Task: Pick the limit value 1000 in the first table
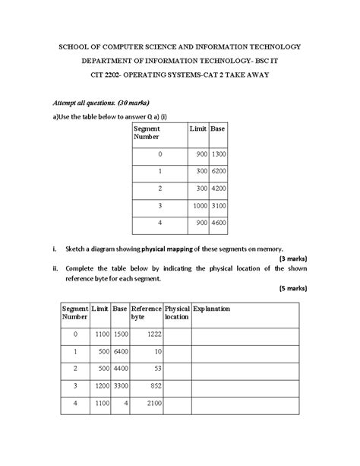199,206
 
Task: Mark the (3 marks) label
292,258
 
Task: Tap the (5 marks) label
292,288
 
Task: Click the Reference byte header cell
145,314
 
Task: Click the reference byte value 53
158,369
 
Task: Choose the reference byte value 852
156,387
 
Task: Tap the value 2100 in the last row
153,404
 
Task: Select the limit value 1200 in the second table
99,387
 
